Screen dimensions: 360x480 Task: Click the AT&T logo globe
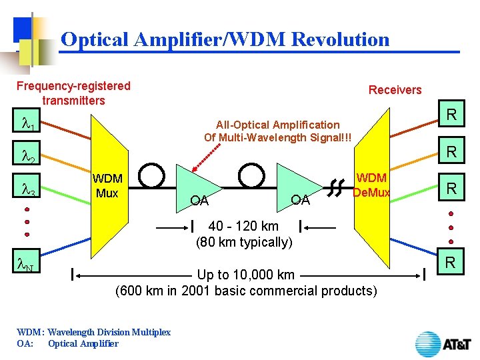tap(428, 344)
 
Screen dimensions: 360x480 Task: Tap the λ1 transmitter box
tap(27, 125)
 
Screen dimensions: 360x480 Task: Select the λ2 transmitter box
tap(27, 155)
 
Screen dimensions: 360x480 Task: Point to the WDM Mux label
tap(107, 186)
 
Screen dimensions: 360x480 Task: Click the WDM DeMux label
tap(371, 185)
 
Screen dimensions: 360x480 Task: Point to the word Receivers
tap(395, 90)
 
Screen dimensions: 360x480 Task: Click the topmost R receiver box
tap(451, 115)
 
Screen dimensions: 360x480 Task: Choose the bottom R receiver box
tap(451, 263)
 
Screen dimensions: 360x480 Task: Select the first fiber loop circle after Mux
tap(151, 174)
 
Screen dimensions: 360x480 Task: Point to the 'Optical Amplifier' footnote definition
tap(83, 344)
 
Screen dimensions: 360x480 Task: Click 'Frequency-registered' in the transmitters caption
tap(73, 86)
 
